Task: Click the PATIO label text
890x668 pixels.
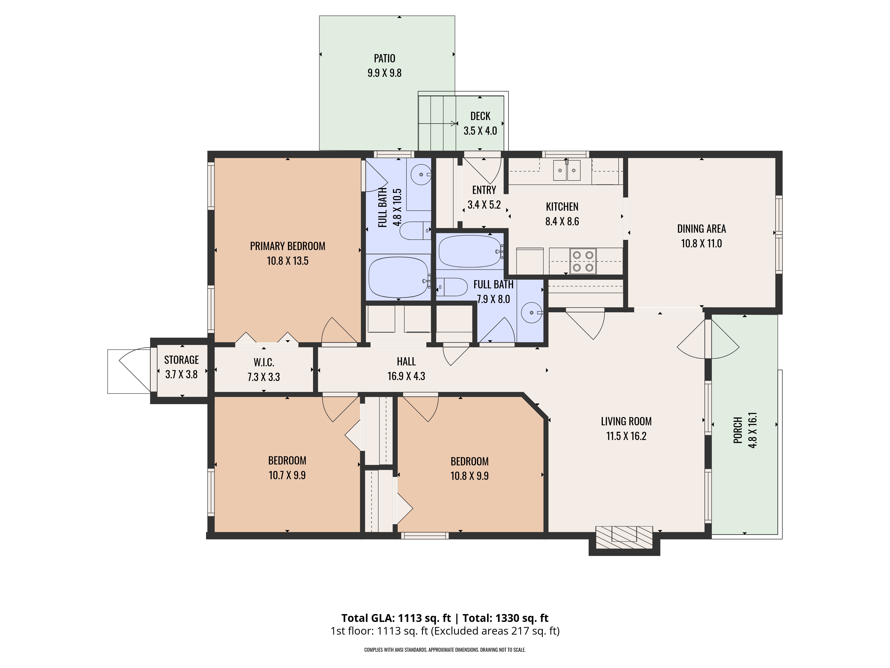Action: pyautogui.click(x=384, y=58)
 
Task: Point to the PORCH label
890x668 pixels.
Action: pyautogui.click(x=738, y=430)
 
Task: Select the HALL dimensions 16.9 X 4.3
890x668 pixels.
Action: pyautogui.click(x=406, y=376)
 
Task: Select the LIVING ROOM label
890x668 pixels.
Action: pyautogui.click(x=626, y=421)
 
